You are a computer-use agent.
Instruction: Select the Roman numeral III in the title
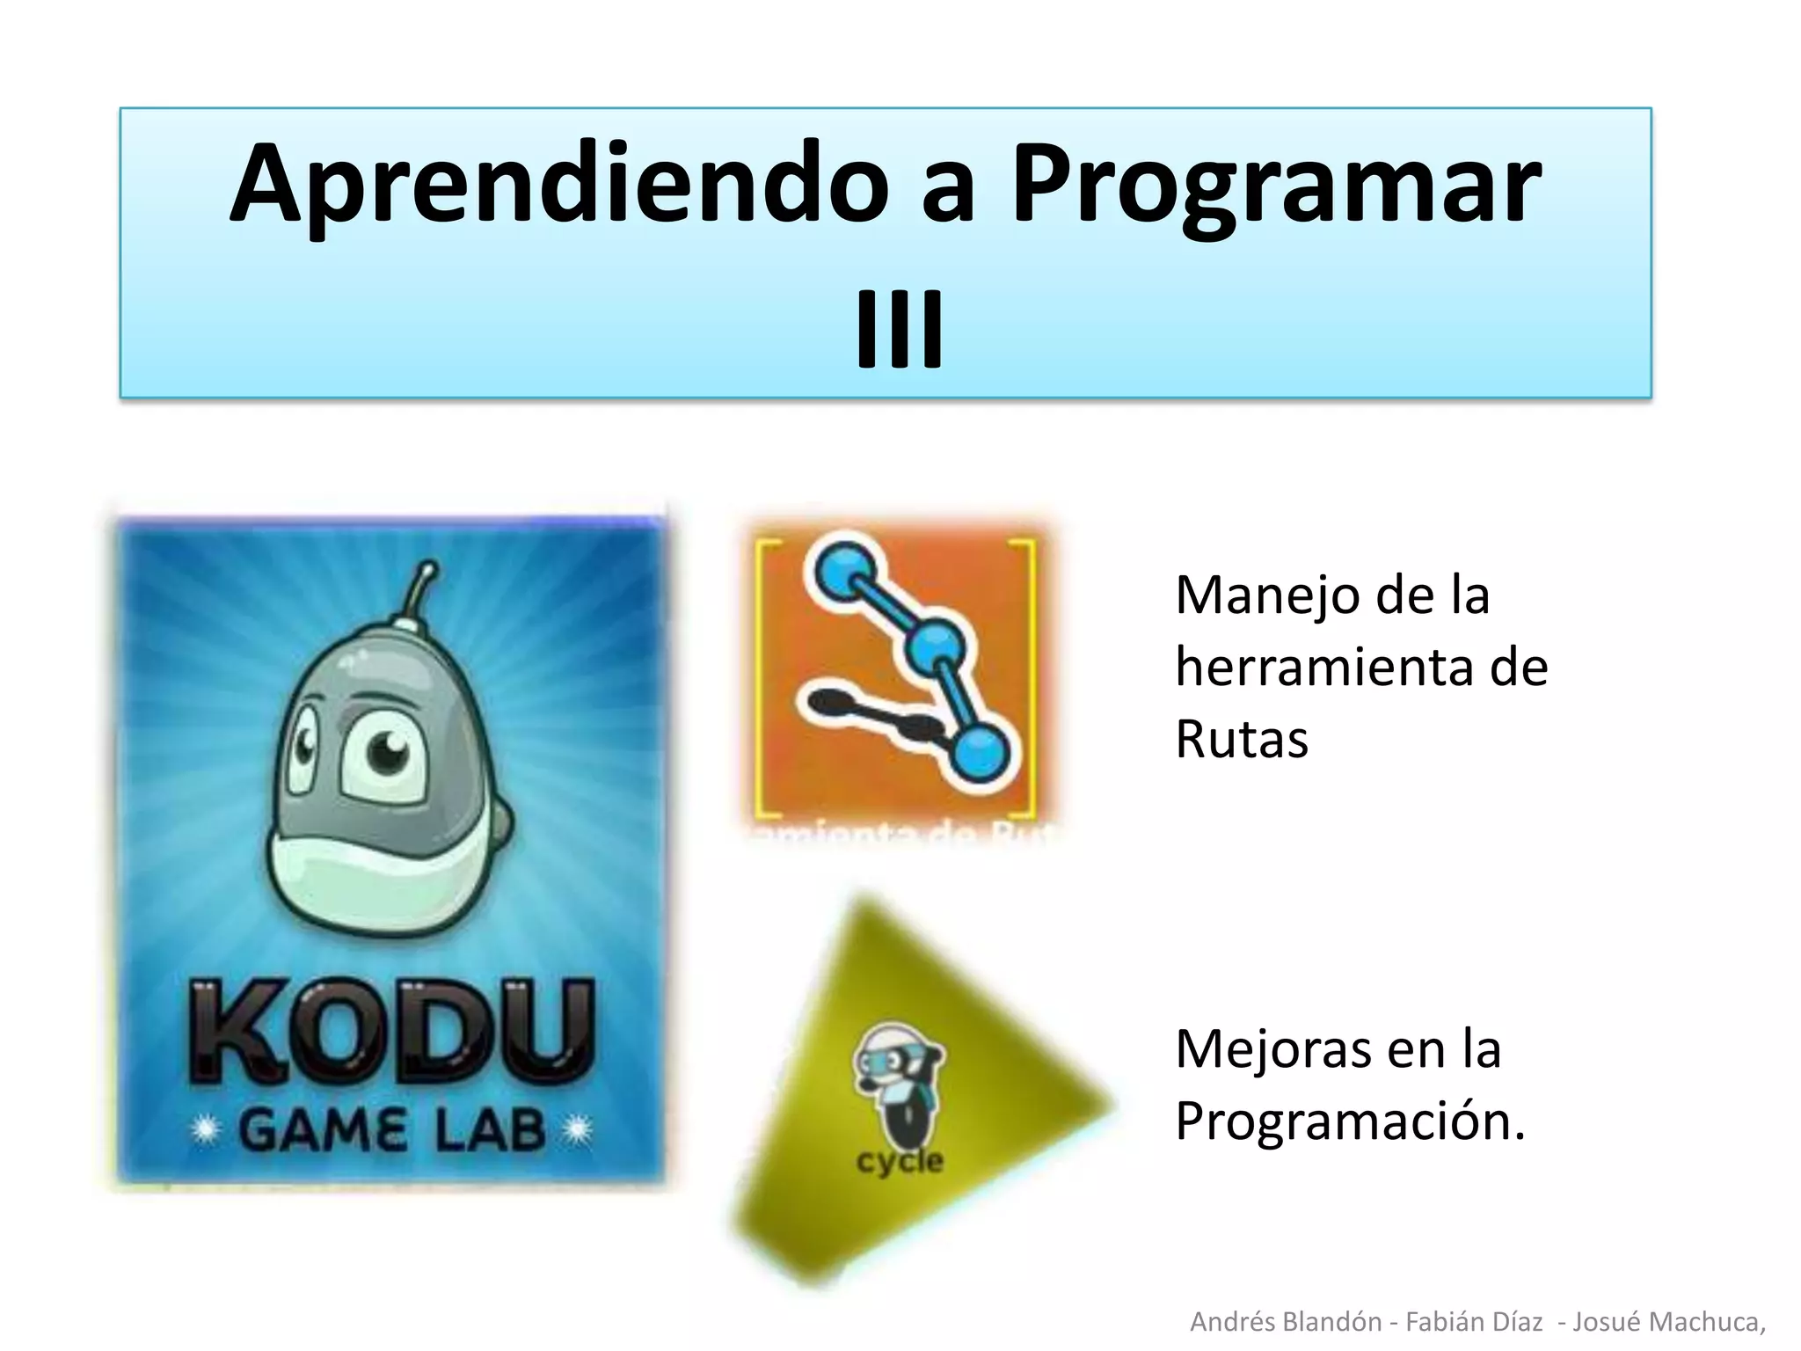pyautogui.click(x=900, y=329)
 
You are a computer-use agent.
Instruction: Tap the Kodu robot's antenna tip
pyautogui.click(x=429, y=568)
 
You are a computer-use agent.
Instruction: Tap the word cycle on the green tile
pyautogui.click(x=899, y=1161)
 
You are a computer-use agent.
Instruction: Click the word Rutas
pyautogui.click(x=1242, y=738)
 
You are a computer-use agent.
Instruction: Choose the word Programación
pyautogui.click(x=1349, y=1121)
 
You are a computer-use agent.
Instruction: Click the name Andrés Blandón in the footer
pyautogui.click(x=1285, y=1321)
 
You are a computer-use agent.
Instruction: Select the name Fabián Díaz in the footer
pyautogui.click(x=1474, y=1321)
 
